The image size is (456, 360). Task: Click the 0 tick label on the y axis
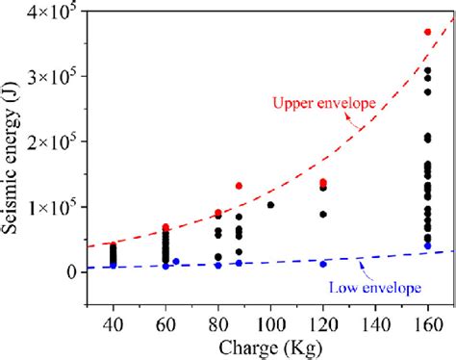tap(73, 272)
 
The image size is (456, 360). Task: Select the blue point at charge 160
tap(428, 246)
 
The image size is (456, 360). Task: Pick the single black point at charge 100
tap(270, 205)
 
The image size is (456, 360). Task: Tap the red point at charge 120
tap(323, 182)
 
